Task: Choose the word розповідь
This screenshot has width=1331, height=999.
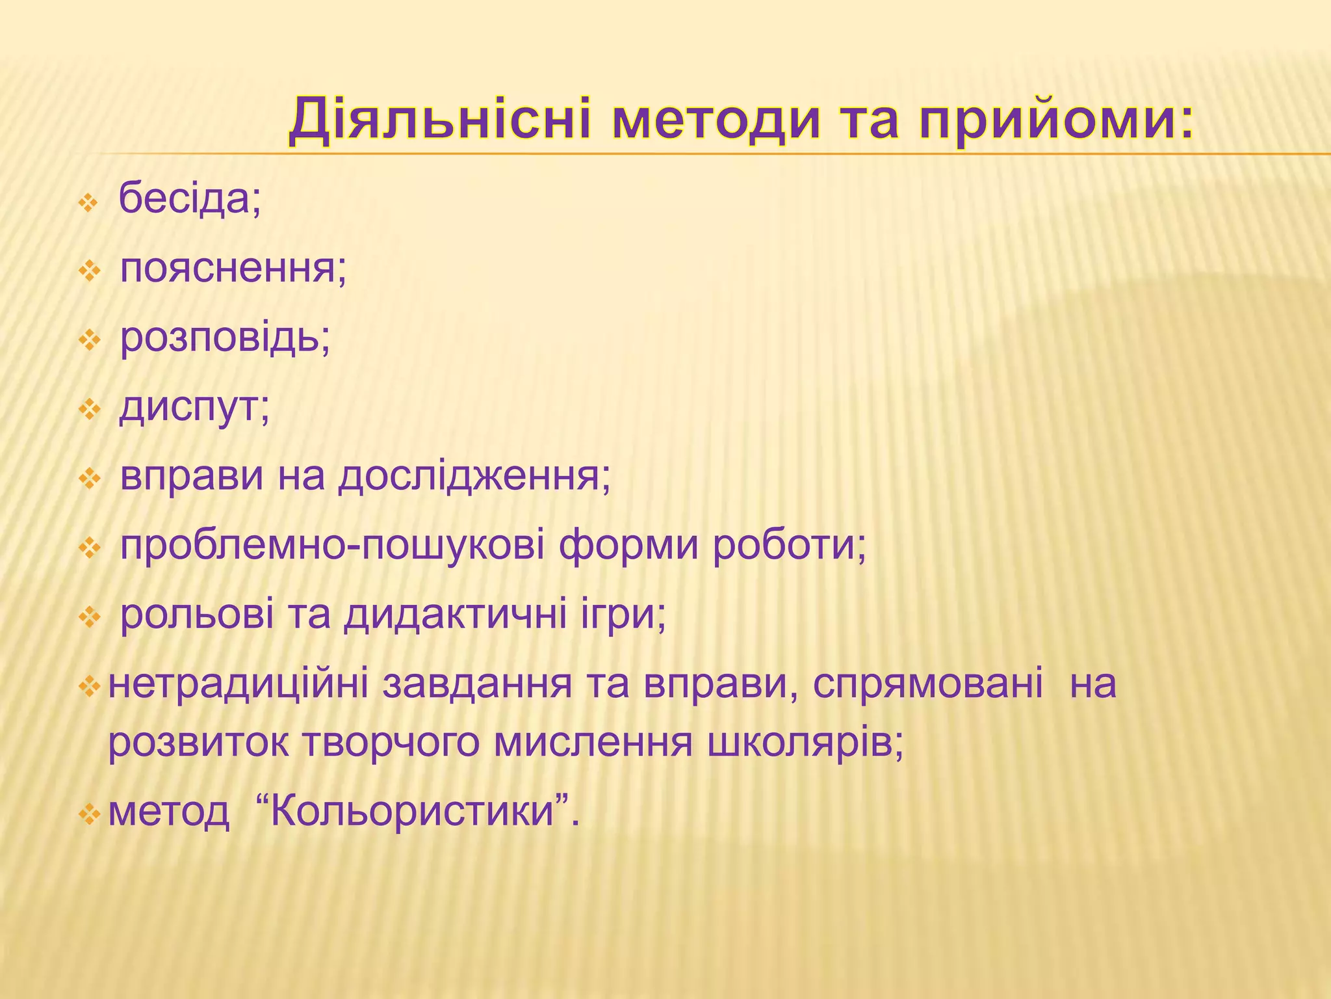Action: pyautogui.click(x=225, y=338)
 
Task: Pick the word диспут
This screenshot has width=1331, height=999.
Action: pyautogui.click(x=194, y=408)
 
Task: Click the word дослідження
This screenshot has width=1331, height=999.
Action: pyautogui.click(x=474, y=476)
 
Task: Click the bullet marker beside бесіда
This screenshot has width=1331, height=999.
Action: pyautogui.click(x=88, y=204)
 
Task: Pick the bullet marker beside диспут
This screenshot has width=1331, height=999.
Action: pyautogui.click(x=88, y=410)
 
